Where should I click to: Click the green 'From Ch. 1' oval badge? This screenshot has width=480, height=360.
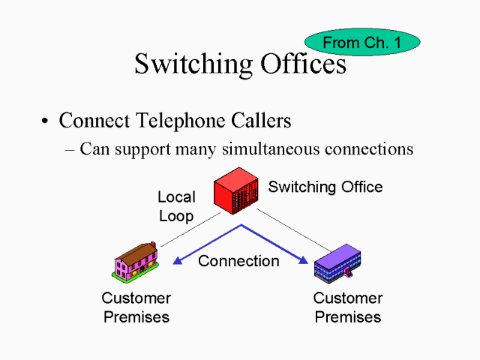click(361, 43)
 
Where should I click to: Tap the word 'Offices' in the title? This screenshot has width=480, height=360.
click(302, 64)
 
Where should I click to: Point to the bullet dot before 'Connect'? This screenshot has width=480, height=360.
click(45, 121)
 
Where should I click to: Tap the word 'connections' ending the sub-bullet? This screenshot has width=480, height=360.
click(368, 149)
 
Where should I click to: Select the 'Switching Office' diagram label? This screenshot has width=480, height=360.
click(325, 187)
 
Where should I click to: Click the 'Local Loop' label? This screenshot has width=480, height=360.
click(176, 206)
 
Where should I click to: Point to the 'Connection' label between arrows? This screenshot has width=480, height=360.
click(238, 261)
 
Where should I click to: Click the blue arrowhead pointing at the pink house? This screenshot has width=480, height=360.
click(178, 260)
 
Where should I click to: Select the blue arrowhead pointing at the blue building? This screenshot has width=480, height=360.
click(303, 260)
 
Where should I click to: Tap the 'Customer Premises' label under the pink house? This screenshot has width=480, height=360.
click(136, 307)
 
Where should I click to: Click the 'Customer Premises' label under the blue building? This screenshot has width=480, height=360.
click(347, 307)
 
